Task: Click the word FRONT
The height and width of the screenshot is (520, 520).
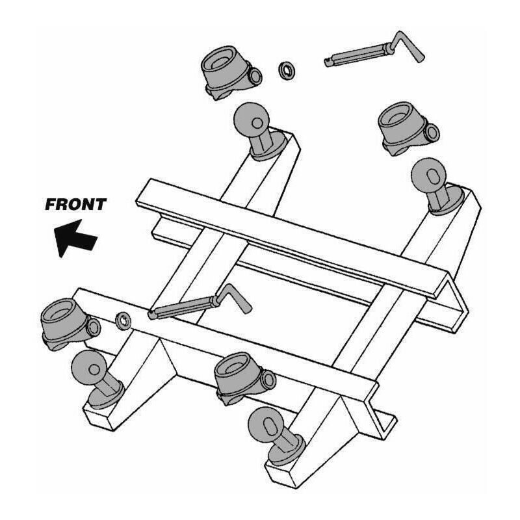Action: click(75, 204)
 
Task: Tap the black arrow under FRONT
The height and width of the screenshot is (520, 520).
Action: click(74, 238)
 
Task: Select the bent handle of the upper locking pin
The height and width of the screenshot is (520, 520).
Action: click(407, 46)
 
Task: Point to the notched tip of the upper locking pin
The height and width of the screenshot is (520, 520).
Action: click(328, 62)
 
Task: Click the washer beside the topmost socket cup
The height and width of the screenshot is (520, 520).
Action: click(287, 71)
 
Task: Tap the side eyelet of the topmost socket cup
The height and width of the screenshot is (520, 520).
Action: click(255, 76)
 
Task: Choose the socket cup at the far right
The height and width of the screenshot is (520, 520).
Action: click(408, 129)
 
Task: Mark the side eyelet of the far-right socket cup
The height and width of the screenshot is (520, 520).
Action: click(432, 132)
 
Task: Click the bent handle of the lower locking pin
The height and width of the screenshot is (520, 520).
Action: click(235, 298)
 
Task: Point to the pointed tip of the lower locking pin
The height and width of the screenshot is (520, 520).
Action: click(151, 315)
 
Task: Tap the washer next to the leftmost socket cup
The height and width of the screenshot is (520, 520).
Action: click(123, 321)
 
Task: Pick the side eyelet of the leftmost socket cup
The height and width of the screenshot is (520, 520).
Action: click(94, 328)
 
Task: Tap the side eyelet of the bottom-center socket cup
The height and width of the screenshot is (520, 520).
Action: click(268, 380)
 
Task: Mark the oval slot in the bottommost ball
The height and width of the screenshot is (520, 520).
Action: click(270, 426)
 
